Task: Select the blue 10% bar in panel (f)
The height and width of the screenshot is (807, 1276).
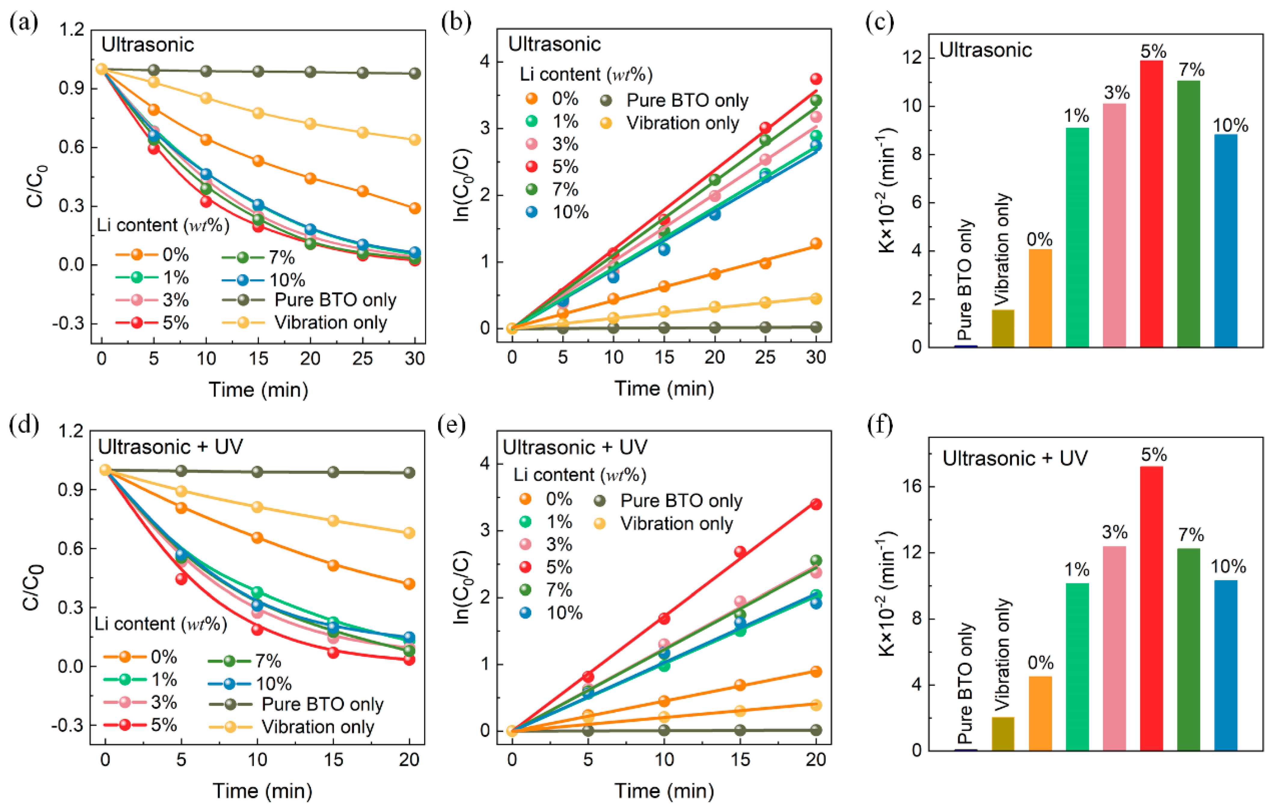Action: (1226, 665)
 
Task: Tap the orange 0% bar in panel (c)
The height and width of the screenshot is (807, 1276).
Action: (1040, 298)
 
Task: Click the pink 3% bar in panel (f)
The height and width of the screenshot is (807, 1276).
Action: (1114, 648)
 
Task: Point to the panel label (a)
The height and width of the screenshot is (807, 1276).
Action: (24, 23)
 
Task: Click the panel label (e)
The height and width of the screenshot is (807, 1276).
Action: (452, 425)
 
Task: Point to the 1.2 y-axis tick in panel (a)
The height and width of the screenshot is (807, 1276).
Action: (72, 30)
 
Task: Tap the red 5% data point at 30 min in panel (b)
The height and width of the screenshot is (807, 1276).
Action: (816, 79)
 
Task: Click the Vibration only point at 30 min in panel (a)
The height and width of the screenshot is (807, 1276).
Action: (415, 140)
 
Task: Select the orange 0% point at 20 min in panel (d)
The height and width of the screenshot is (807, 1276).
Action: (409, 584)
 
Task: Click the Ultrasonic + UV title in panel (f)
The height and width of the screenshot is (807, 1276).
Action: (1015, 458)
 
